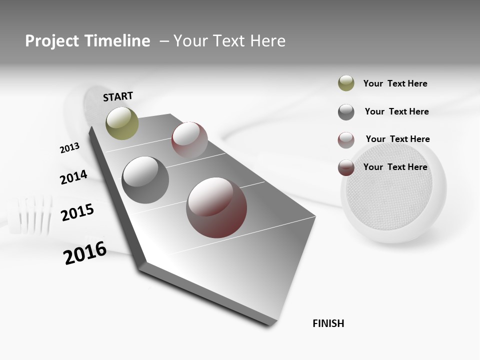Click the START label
pos(118,96)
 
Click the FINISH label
pos(328,323)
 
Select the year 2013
pos(69,148)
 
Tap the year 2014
pos(73,177)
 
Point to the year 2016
pos(85,253)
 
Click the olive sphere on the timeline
pos(122,123)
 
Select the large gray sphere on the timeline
pos(145,180)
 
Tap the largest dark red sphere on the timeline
pos(216,207)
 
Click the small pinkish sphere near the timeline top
pos(189,140)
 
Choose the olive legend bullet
pos(346,83)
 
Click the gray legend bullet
pos(346,112)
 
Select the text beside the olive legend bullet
pos(395,83)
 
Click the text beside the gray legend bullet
pos(396,111)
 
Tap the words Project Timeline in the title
pos(87,41)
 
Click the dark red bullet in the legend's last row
pos(346,167)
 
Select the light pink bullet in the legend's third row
pos(346,140)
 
